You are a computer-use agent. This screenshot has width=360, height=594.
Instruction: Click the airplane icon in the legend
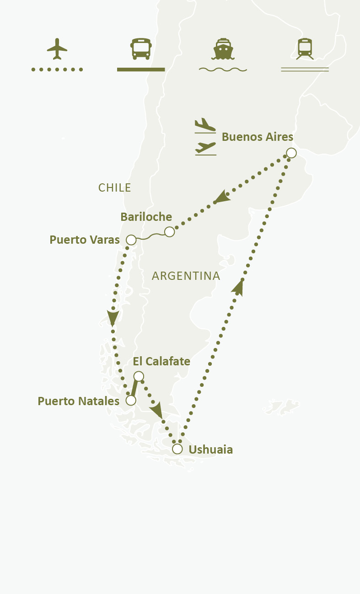pyautogui.click(x=57, y=48)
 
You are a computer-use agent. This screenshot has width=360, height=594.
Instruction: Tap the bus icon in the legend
pyautogui.click(x=141, y=49)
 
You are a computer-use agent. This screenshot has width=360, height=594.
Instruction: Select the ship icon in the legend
pyautogui.click(x=222, y=49)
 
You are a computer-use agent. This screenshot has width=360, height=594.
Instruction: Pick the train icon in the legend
pyautogui.click(x=305, y=48)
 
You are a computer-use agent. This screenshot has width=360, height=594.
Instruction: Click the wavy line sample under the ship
pyautogui.click(x=223, y=70)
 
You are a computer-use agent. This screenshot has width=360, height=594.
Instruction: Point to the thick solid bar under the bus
pyautogui.click(x=141, y=70)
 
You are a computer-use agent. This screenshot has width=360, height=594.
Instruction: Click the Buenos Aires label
pyautogui.click(x=257, y=137)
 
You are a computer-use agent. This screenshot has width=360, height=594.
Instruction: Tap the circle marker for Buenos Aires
pyautogui.click(x=291, y=153)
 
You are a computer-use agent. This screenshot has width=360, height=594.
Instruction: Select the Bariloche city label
pyautogui.click(x=146, y=217)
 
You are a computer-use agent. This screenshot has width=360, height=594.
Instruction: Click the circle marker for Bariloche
pyautogui.click(x=169, y=232)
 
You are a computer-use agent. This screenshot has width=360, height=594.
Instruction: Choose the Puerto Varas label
pyautogui.click(x=85, y=240)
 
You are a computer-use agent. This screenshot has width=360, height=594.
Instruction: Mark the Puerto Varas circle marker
pyautogui.click(x=131, y=240)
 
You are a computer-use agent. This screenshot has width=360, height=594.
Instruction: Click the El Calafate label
pyautogui.click(x=161, y=361)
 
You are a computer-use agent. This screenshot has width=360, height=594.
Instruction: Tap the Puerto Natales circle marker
pyautogui.click(x=131, y=401)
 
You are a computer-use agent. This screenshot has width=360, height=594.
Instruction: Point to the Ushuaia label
pyautogui.click(x=210, y=450)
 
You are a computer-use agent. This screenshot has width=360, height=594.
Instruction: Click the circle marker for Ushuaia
pyautogui.click(x=177, y=449)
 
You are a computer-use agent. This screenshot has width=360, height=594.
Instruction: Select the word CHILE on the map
pyautogui.click(x=115, y=187)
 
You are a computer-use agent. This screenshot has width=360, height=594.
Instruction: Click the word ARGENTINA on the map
pyautogui.click(x=186, y=276)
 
